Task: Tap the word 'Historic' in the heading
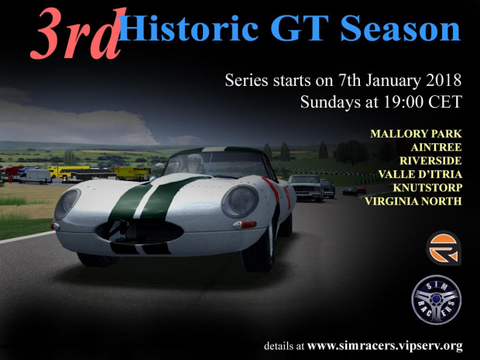coord(188,28)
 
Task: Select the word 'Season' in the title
coord(400,28)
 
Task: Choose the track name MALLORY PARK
coord(416,134)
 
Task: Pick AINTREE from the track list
coord(436,147)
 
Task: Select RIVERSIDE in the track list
coord(430,161)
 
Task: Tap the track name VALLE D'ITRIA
coord(420,174)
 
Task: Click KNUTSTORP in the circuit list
coord(427,187)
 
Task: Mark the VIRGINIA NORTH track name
coord(413,201)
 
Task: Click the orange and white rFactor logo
coord(444,248)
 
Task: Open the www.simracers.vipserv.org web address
coord(385,346)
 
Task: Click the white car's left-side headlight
coord(67,204)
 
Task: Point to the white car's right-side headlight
coord(240,201)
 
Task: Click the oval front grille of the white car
coord(140,231)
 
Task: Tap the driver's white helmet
coord(196,161)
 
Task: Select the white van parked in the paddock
coord(35,177)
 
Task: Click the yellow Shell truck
coord(132,173)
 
